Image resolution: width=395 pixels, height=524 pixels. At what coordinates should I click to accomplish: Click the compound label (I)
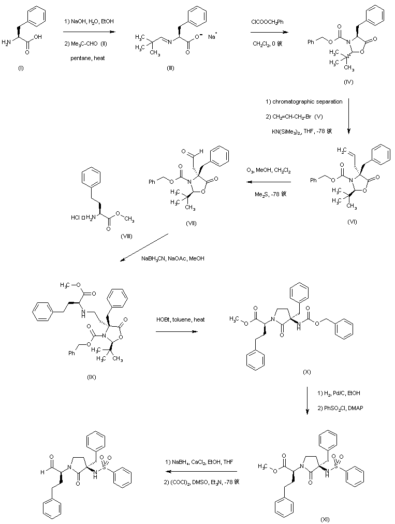click(21, 68)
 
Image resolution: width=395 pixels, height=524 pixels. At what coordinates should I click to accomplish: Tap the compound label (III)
click(170, 68)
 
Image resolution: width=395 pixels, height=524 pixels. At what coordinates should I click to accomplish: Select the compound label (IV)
click(348, 82)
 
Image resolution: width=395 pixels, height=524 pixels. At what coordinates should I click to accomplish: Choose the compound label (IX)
click(92, 376)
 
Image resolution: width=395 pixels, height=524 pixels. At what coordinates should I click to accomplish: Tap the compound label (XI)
click(325, 518)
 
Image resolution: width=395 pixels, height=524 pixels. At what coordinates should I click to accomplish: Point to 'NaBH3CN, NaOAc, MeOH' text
click(172, 258)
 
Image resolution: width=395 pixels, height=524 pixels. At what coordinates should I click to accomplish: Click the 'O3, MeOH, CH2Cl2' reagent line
click(268, 169)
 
